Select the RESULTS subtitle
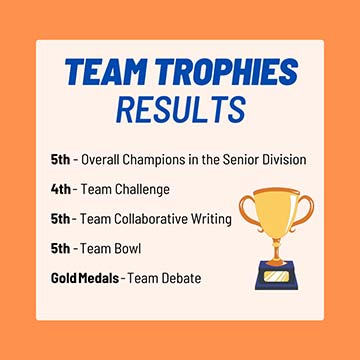[180, 108]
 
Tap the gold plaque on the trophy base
[278, 270]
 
